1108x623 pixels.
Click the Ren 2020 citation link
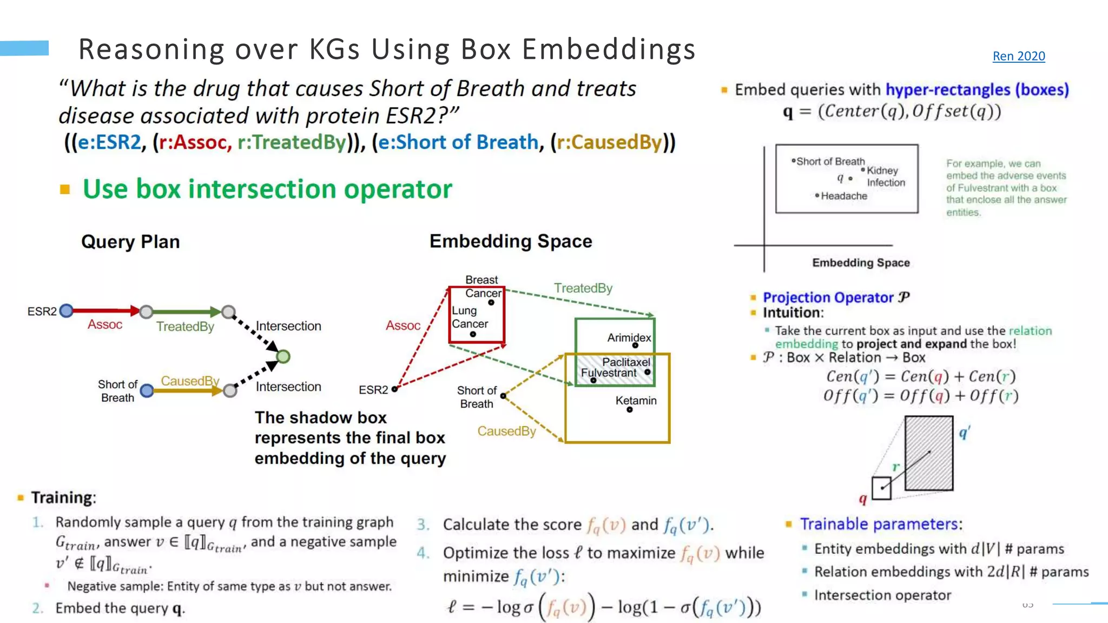tap(1018, 56)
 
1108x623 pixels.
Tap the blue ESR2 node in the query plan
tap(67, 310)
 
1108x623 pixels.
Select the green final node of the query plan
tap(283, 356)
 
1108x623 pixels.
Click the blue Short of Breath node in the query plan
tap(147, 390)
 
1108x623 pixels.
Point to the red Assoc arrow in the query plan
tap(105, 310)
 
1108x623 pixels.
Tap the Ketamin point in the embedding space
tap(629, 410)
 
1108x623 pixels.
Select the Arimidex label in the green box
tap(629, 337)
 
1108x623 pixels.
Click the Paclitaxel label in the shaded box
tap(626, 362)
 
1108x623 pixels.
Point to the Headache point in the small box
tap(817, 195)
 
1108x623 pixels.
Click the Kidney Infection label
tap(885, 176)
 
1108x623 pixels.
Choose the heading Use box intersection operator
tap(267, 189)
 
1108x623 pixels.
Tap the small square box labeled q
tap(881, 488)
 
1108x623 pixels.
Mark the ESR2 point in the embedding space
tap(394, 389)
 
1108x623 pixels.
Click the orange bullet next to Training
tap(21, 498)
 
